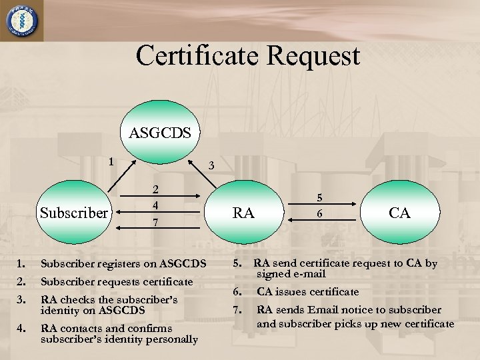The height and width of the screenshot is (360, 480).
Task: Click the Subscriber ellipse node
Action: click(x=73, y=213)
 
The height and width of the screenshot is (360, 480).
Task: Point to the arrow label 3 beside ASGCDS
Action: click(x=211, y=165)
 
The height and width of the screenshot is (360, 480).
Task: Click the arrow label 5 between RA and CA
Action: click(x=319, y=197)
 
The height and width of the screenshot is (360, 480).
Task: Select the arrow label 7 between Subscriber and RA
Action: click(x=155, y=222)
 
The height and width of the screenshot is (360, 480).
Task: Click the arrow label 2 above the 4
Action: click(x=155, y=190)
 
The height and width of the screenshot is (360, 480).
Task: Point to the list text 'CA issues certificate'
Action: click(x=307, y=291)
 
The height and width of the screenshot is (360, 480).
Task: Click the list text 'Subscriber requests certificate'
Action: click(x=117, y=282)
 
